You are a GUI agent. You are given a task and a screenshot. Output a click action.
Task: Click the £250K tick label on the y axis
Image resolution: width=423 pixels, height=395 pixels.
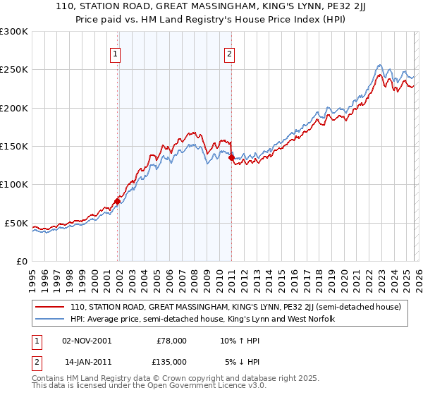click(x=14, y=70)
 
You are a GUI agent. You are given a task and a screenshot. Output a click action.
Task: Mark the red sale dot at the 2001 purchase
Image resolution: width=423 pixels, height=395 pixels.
click(x=117, y=201)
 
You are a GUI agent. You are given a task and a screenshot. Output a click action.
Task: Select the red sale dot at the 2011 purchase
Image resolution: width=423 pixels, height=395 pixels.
click(x=231, y=158)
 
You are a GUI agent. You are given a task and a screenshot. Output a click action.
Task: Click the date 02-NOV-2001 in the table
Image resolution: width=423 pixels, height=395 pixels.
click(x=87, y=340)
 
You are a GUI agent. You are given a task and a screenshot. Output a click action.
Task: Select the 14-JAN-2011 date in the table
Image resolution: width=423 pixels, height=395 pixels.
click(x=87, y=361)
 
